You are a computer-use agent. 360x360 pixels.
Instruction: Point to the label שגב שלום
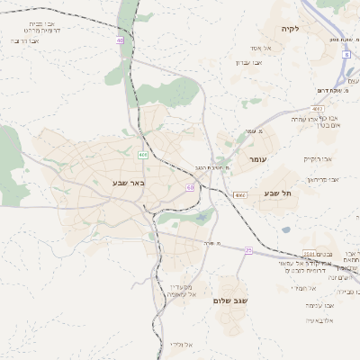point(230,300)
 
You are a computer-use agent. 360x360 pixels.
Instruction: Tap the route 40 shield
point(120,40)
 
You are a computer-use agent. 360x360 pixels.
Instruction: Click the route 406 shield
point(142,156)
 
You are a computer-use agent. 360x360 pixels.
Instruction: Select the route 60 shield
point(190,187)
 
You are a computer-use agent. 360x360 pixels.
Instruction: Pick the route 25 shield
point(247,251)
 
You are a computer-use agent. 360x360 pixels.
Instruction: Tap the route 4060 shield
point(239,194)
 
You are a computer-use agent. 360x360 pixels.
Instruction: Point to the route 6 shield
point(346,54)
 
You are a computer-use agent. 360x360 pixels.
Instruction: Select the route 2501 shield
point(309,254)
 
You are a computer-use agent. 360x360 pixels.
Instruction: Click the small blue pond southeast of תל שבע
point(285,229)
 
